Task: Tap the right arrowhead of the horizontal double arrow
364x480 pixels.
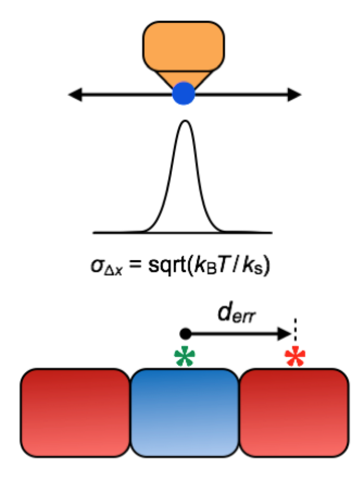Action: point(294,95)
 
